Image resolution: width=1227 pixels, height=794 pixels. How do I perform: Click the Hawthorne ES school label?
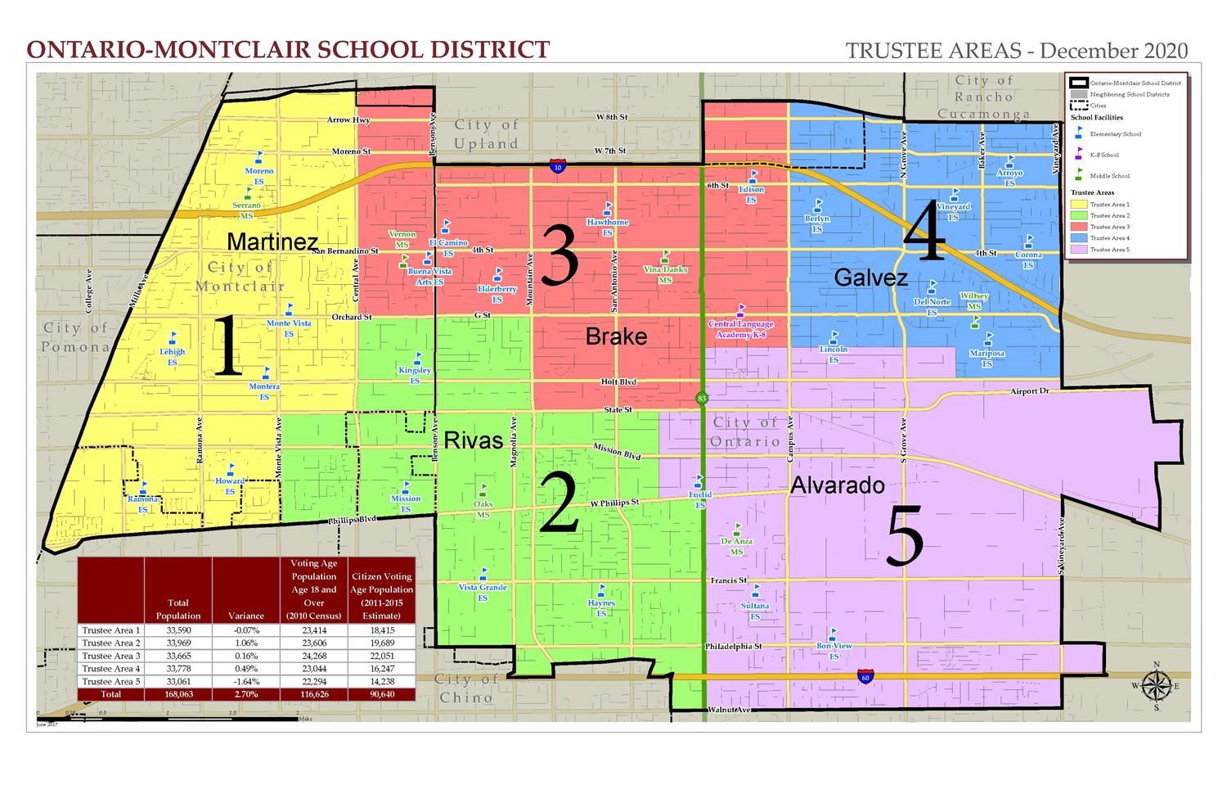(x=607, y=227)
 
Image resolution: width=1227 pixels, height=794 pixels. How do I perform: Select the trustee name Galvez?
(x=870, y=278)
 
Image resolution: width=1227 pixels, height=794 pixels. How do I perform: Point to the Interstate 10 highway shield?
(x=557, y=167)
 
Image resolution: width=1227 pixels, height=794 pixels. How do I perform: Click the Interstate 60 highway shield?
(x=865, y=677)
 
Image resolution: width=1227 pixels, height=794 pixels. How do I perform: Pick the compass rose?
(x=1155, y=685)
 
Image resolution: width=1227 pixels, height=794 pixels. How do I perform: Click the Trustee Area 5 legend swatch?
(x=1078, y=249)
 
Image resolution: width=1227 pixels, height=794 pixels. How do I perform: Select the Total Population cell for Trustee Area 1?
(x=178, y=630)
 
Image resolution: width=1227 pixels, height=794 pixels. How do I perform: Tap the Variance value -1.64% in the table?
(x=245, y=681)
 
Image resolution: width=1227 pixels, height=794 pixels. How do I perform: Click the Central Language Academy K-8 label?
(x=741, y=329)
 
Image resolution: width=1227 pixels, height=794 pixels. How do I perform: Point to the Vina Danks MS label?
(x=665, y=274)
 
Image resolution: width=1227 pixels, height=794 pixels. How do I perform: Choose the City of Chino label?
(x=466, y=688)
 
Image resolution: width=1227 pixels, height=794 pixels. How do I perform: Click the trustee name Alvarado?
(x=837, y=485)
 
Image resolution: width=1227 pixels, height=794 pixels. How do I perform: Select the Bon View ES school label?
(x=834, y=651)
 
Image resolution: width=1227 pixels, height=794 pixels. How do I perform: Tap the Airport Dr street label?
(x=1028, y=392)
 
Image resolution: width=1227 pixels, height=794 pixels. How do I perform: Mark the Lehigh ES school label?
(x=173, y=356)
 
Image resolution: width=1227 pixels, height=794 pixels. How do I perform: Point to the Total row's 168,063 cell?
(x=178, y=694)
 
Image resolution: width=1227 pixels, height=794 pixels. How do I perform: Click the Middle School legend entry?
(x=1109, y=176)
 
